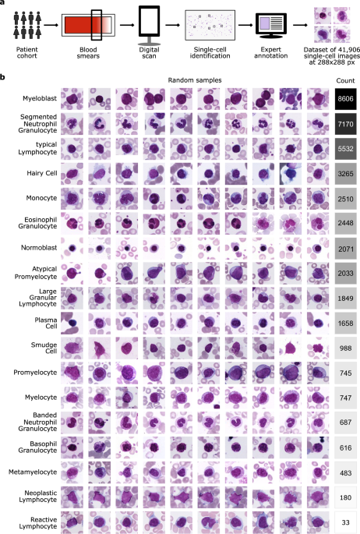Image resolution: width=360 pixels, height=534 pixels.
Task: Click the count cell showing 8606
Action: tap(343, 101)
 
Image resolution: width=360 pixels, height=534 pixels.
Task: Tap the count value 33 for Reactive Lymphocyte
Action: tap(343, 520)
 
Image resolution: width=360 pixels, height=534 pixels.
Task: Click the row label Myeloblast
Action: tap(38, 101)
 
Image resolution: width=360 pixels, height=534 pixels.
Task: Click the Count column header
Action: tap(343, 80)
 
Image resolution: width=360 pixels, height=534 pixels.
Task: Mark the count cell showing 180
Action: tap(343, 497)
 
